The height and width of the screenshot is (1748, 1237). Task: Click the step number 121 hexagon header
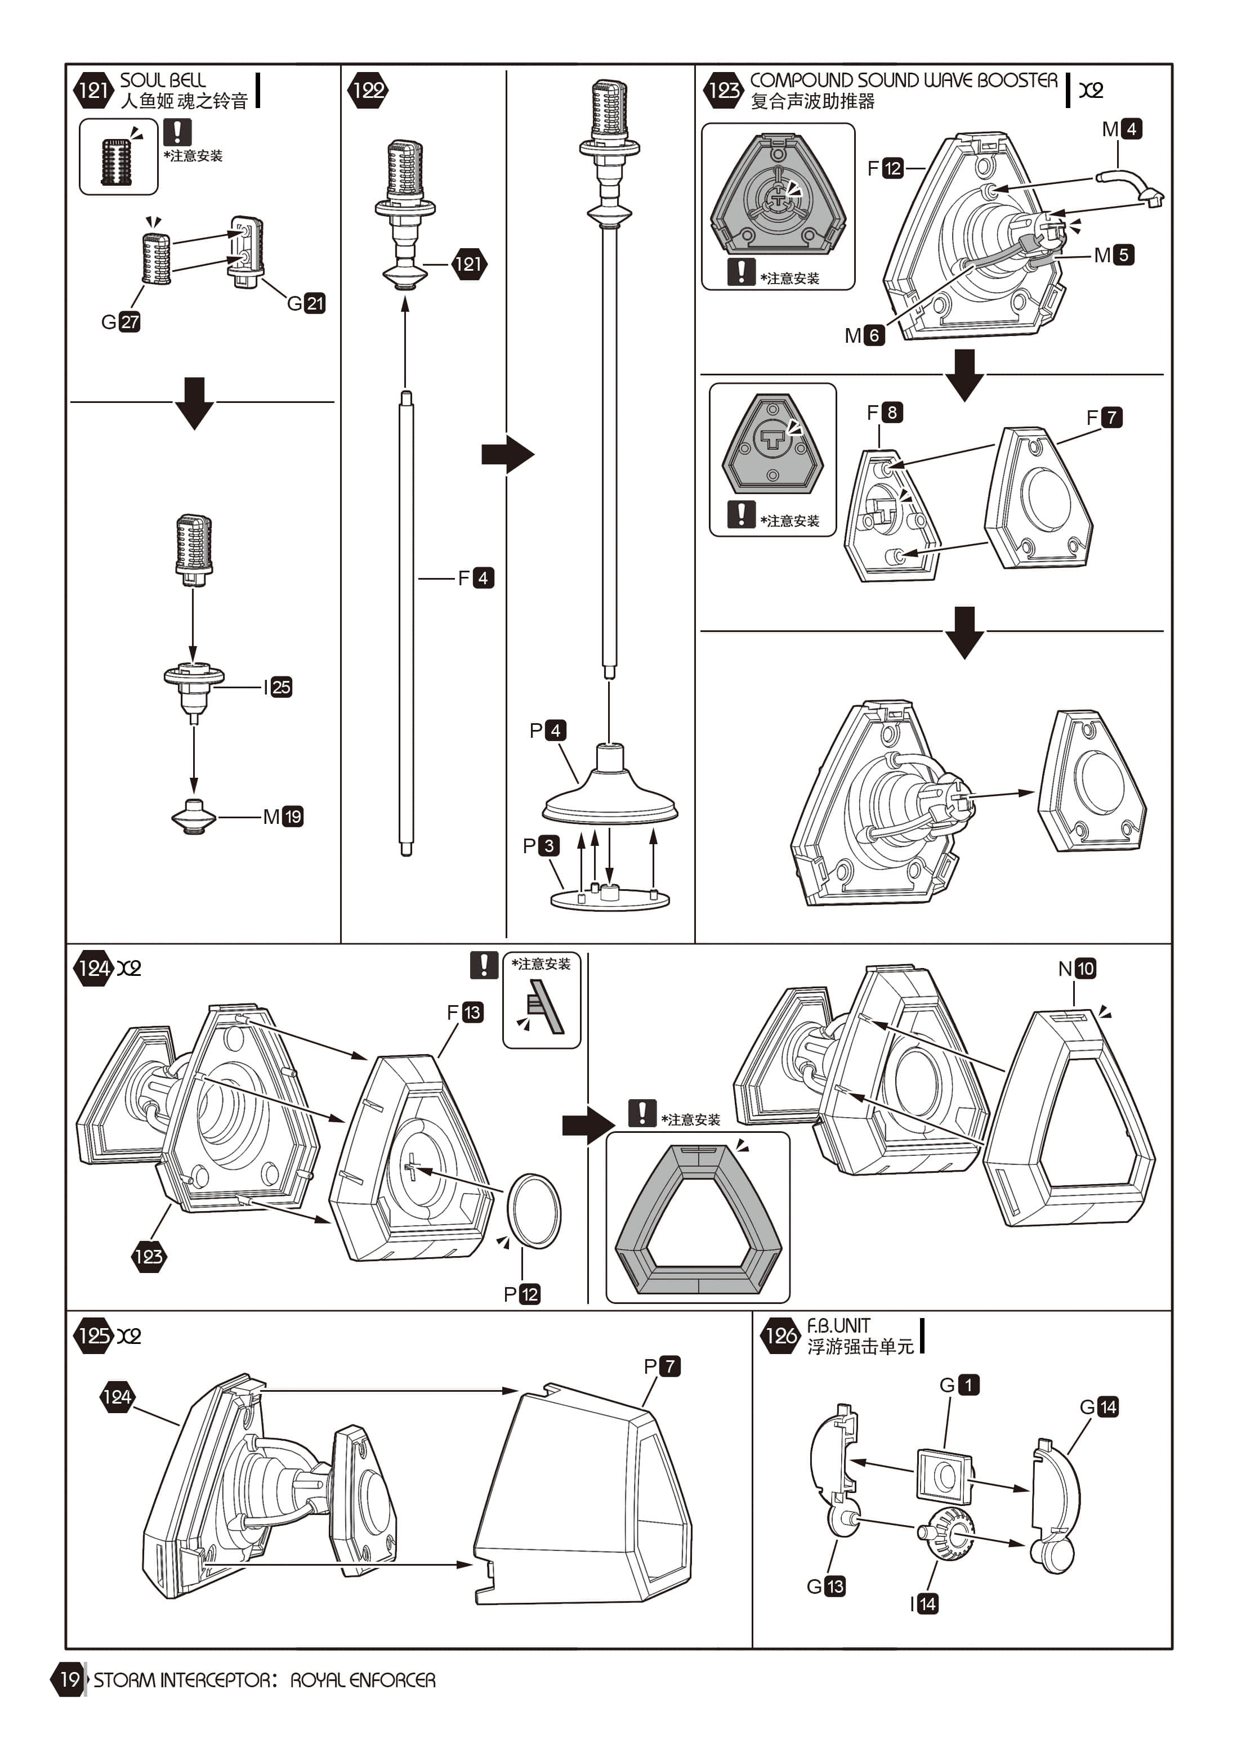point(93,91)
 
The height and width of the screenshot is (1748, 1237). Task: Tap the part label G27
point(120,322)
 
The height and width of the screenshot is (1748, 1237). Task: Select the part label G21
point(306,304)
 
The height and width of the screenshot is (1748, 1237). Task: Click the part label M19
point(283,818)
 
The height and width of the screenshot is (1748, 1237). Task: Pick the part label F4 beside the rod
point(475,579)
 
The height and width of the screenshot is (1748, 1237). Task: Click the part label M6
point(865,336)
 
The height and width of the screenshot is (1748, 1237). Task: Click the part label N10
point(1077,969)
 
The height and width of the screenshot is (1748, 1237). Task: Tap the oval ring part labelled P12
point(534,1211)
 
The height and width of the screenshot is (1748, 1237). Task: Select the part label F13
point(465,1012)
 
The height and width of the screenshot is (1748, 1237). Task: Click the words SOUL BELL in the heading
point(163,80)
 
